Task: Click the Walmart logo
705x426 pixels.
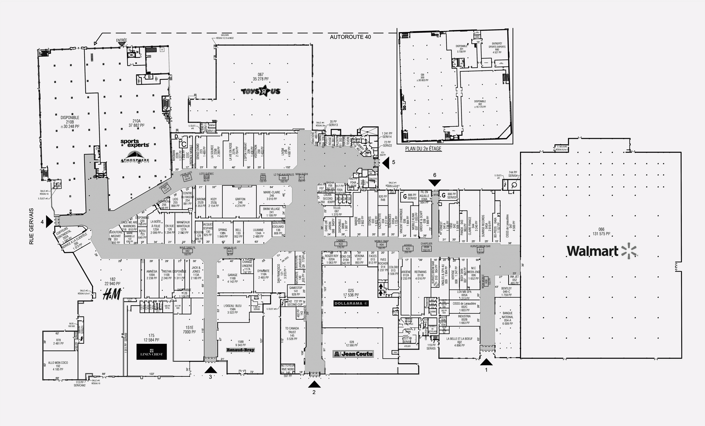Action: (x=602, y=251)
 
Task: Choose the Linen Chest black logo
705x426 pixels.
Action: (x=151, y=352)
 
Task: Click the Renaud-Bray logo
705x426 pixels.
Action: (x=240, y=350)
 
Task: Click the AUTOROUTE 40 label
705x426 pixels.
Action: (x=350, y=37)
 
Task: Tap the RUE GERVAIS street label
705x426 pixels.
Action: (x=32, y=226)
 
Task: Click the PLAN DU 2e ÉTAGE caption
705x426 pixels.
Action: (x=423, y=149)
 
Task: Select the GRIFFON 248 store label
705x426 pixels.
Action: (x=240, y=202)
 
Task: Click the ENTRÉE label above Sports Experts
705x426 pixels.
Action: (x=122, y=40)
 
